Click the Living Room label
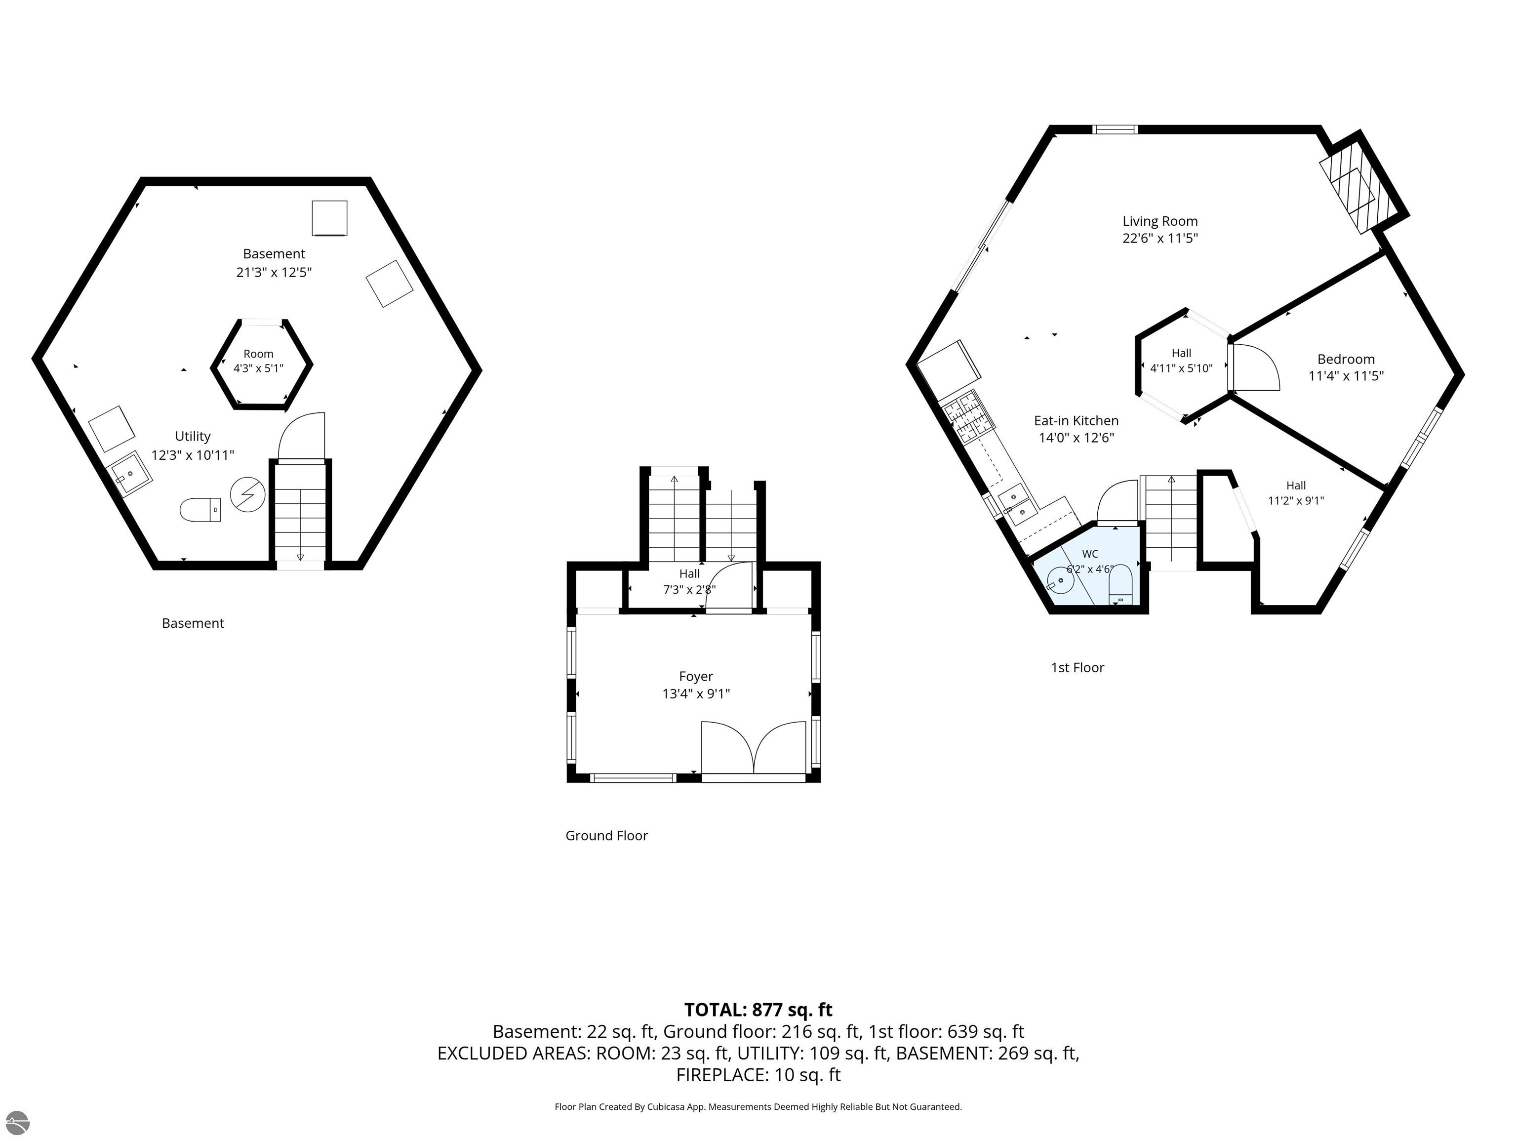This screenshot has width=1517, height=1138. click(x=1159, y=221)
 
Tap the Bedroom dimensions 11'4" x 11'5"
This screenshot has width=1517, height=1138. click(x=1346, y=376)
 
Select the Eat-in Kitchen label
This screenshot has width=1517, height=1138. click(x=1076, y=420)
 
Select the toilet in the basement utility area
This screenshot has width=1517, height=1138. click(x=200, y=510)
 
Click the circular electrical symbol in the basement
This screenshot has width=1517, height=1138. click(x=247, y=494)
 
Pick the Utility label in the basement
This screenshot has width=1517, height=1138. click(x=193, y=436)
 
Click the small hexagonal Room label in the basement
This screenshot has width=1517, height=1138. click(x=259, y=354)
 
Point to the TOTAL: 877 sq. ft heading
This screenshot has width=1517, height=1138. click(x=758, y=1010)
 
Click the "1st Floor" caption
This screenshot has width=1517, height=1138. click(x=1078, y=667)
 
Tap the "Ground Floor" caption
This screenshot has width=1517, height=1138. click(x=606, y=836)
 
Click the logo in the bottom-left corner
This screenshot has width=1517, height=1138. click(x=16, y=1122)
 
